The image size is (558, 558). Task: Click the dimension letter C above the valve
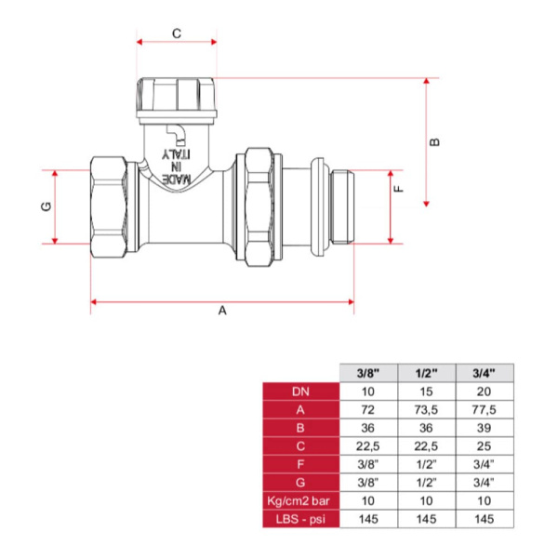click(x=177, y=33)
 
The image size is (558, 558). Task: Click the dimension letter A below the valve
click(x=222, y=311)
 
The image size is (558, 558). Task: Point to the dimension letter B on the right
click(x=434, y=142)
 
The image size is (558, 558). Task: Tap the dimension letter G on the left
click(x=46, y=206)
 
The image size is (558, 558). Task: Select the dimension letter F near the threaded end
click(x=399, y=189)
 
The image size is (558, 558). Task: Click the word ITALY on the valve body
click(x=176, y=154)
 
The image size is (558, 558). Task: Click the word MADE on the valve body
click(x=177, y=179)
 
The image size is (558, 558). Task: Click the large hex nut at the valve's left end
click(x=109, y=206)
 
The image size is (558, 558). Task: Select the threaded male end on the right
click(x=342, y=206)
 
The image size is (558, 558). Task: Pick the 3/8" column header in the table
click(x=368, y=373)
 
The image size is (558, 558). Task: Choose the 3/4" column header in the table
click(x=484, y=373)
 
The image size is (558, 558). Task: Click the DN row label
click(x=300, y=392)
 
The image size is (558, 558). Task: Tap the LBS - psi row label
click(x=300, y=519)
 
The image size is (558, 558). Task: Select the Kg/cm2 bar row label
click(x=299, y=501)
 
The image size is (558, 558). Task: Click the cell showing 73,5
click(x=426, y=410)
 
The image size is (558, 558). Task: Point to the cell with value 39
click(x=484, y=428)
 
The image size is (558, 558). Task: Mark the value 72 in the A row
click(x=368, y=410)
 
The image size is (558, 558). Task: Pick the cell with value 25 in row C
click(x=484, y=446)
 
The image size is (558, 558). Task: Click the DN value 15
click(x=426, y=392)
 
